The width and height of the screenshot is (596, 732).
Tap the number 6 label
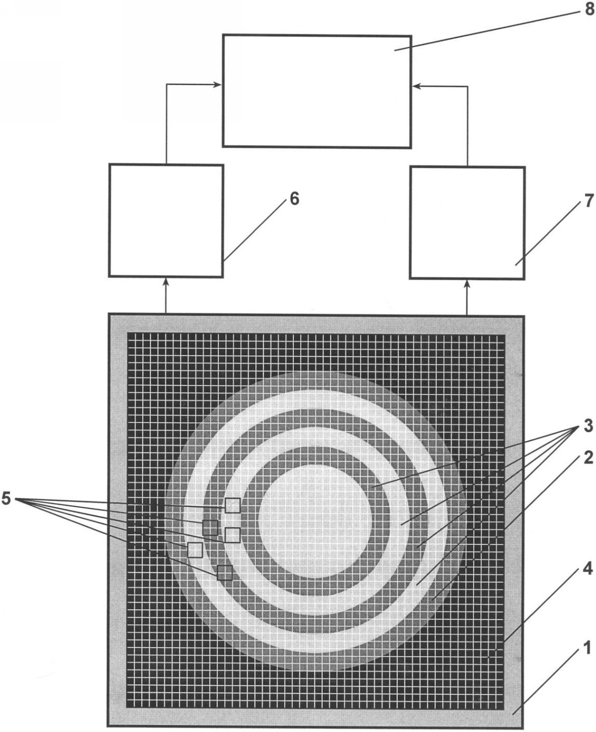pyautogui.click(x=295, y=199)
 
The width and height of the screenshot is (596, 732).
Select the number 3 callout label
pyautogui.click(x=588, y=426)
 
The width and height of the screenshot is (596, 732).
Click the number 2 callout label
pyautogui.click(x=588, y=457)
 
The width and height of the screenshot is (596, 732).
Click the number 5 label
pyautogui.click(x=6, y=499)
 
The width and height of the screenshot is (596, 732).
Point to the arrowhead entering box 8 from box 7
pyautogui.click(x=417, y=86)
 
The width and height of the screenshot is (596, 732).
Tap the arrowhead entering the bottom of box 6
pyautogui.click(x=166, y=282)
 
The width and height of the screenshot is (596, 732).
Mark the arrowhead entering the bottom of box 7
pyautogui.click(x=467, y=284)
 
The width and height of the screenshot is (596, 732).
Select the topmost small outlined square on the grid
pyautogui.click(x=233, y=505)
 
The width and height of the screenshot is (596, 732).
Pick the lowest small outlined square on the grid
pyautogui.click(x=225, y=573)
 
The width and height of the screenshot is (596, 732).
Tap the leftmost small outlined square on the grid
pyautogui.click(x=195, y=550)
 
